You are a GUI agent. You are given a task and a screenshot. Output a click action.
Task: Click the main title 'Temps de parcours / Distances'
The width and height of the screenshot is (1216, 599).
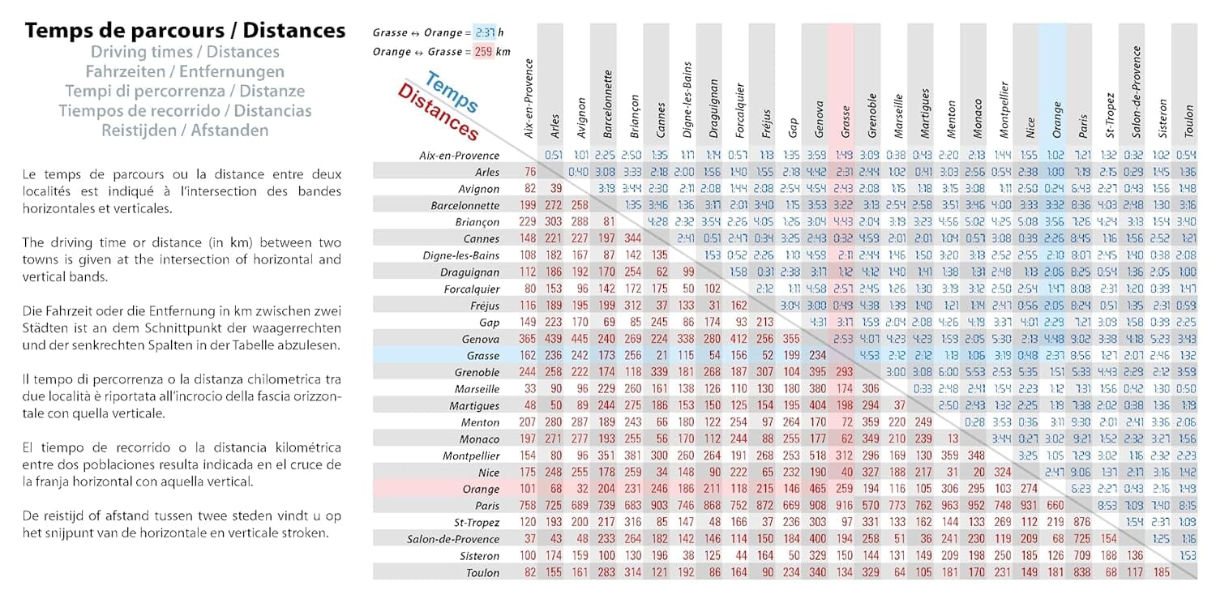tap(185, 31)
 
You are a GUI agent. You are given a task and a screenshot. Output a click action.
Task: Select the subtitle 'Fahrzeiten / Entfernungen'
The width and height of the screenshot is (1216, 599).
tap(185, 71)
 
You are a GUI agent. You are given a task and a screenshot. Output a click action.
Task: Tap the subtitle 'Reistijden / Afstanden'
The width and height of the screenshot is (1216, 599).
tap(185, 130)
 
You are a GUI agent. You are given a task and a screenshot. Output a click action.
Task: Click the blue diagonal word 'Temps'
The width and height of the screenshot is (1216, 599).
tap(451, 92)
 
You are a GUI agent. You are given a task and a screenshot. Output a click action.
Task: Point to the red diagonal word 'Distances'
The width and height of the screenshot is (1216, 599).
tap(438, 113)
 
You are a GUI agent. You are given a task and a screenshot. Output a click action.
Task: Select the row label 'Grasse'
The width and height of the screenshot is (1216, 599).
tap(482, 355)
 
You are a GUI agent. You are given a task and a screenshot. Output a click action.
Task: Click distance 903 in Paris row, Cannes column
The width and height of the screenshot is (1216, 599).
tap(659, 506)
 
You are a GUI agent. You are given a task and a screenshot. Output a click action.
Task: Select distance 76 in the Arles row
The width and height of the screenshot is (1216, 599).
tap(530, 172)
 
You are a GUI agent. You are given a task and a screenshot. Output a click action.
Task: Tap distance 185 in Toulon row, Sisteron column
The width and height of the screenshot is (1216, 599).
tap(1162, 572)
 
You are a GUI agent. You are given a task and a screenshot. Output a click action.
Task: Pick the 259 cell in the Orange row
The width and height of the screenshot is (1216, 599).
tap(844, 489)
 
